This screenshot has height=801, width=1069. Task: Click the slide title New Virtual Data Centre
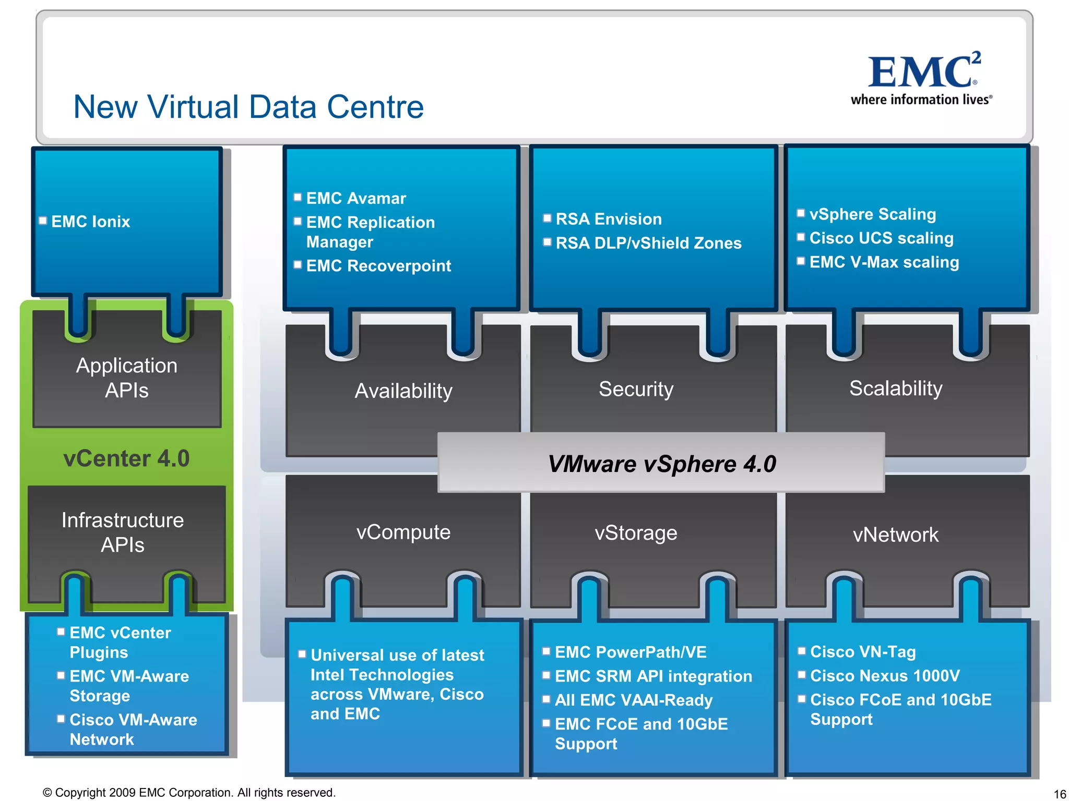pos(248,107)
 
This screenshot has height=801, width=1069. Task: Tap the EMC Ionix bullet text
pos(90,222)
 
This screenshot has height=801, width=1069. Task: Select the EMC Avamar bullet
pos(356,199)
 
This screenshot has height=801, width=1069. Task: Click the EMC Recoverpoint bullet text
pos(378,266)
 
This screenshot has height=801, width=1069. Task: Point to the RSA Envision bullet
pos(609,219)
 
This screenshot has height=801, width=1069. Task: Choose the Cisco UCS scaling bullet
pos(881,238)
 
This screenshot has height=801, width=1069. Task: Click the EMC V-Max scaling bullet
pos(884,262)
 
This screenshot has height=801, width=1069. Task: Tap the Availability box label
pos(403,391)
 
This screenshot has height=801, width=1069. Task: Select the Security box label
pos(636,390)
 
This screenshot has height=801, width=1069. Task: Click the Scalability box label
pos(896,389)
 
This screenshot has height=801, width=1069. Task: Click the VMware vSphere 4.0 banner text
pos(661,464)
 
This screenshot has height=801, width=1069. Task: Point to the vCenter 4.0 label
pos(126,459)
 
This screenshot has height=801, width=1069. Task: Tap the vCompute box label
pos(403,532)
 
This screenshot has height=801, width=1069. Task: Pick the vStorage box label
pos(636,533)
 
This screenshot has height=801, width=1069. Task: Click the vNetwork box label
pos(896,535)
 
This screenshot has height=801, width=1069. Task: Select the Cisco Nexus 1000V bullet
pos(885,676)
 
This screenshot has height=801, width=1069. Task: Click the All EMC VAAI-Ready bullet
pos(634,700)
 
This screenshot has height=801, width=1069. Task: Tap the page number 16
pos(1060,794)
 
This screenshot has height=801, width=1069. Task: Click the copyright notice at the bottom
pos(189,793)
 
